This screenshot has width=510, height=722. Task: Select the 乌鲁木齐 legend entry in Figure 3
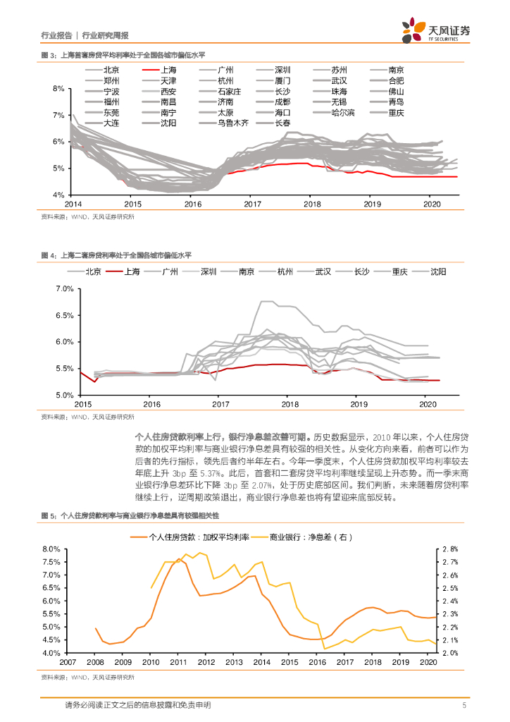(233, 123)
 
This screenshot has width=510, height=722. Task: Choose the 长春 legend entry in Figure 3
(282, 123)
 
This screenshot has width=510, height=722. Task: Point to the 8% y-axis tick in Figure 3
(59, 88)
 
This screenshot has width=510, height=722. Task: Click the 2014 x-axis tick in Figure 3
(73, 204)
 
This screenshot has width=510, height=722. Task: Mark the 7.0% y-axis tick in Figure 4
(64, 289)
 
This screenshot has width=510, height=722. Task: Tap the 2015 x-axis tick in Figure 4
(83, 405)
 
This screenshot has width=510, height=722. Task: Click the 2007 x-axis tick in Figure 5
(68, 663)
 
